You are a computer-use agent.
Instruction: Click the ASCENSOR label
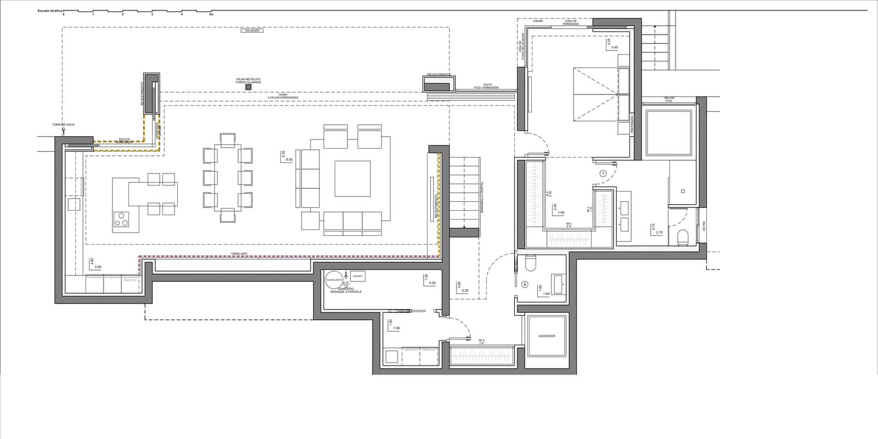(547, 336)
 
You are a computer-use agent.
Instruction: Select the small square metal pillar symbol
(248, 87)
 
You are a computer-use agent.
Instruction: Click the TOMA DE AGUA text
(63, 125)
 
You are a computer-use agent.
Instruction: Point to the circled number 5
(525, 284)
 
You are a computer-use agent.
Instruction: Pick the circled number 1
(603, 173)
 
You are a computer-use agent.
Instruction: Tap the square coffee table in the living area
(353, 178)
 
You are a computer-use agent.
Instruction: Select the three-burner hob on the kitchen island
(121, 219)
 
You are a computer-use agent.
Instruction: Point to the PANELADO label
(239, 254)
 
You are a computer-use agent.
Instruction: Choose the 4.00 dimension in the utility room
(432, 283)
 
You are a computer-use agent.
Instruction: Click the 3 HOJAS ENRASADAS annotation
(283, 98)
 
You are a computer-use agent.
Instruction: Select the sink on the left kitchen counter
(74, 205)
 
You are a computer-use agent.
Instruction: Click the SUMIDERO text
(346, 288)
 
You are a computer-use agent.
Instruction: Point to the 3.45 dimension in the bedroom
(615, 48)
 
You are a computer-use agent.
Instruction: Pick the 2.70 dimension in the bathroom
(660, 232)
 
